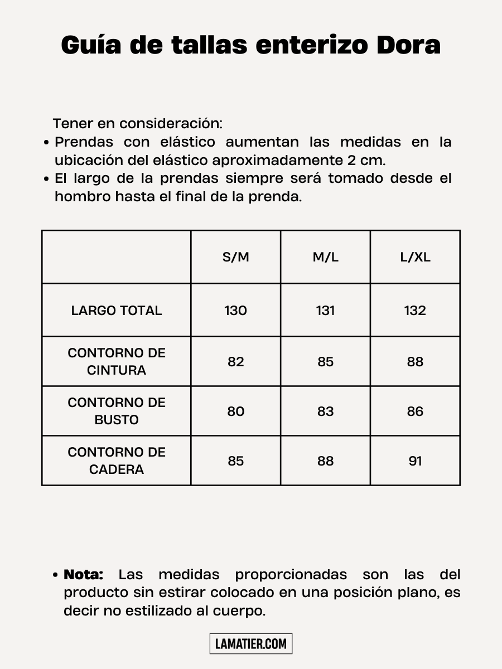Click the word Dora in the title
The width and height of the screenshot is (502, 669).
tap(408, 45)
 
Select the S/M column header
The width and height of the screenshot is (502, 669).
tap(235, 257)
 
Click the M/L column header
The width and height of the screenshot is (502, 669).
tap(325, 257)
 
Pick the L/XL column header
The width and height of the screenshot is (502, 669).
tap(415, 257)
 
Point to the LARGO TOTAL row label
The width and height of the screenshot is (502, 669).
tap(117, 311)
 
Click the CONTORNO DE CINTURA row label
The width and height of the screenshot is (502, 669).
tap(117, 361)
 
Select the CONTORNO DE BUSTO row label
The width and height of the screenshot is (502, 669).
tap(117, 411)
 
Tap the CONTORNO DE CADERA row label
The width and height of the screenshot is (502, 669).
tap(117, 460)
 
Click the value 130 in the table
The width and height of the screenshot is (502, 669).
tap(235, 311)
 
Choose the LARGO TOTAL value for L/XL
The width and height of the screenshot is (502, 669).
tap(415, 311)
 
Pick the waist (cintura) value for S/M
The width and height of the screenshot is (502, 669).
tap(235, 362)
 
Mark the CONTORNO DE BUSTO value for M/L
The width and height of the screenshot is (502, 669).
tap(325, 411)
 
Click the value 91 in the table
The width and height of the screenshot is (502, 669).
tap(415, 461)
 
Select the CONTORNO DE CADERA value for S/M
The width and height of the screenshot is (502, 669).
tap(235, 461)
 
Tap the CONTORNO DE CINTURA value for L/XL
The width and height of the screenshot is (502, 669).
tap(415, 362)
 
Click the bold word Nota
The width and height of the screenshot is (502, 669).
tap(84, 574)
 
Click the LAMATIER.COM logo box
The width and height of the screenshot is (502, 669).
tap(251, 644)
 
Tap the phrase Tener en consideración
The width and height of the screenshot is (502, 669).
tap(138, 123)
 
